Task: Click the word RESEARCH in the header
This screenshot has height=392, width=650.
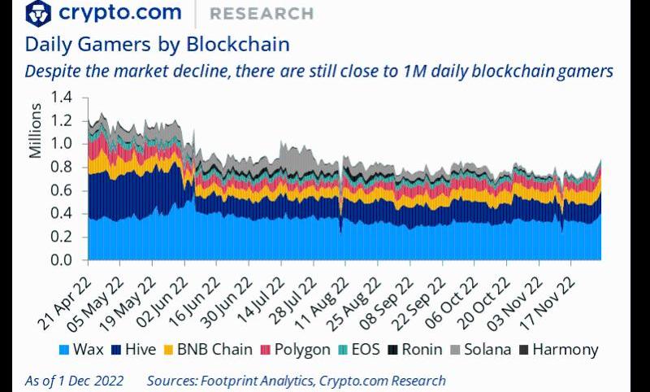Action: coord(261,14)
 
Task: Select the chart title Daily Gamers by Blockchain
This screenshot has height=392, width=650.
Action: coord(157,44)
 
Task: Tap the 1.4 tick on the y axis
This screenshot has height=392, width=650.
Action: coord(62,98)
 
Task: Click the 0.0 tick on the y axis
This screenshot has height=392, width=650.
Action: coord(62,260)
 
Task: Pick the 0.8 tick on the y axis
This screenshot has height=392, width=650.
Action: coord(62,168)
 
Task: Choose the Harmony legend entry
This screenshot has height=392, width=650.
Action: coord(559,350)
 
